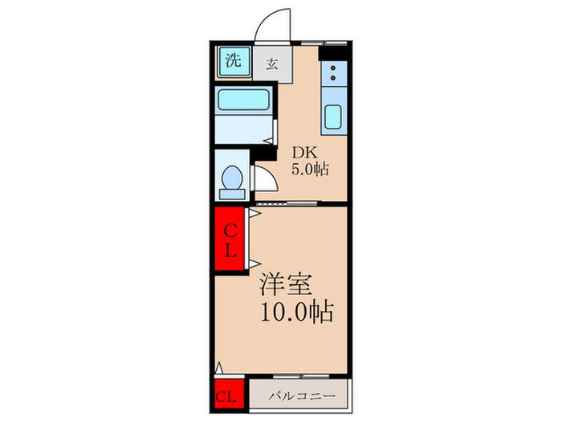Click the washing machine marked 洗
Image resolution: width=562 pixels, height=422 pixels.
coord(234,61)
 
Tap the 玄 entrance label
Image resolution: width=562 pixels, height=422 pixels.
coord(271,64)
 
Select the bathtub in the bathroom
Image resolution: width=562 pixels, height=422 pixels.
coord(244,100)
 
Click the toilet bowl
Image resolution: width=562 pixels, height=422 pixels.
coord(232,178)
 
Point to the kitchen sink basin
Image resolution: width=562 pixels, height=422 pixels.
coord(333,117)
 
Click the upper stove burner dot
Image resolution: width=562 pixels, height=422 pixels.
coord(333,68)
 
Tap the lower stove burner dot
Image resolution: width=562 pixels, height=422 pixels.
coord(333,77)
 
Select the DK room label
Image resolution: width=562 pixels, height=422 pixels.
coord(305,154)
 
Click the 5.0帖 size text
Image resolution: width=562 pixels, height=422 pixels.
coord(310,169)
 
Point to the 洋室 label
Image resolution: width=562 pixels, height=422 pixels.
coord(287,285)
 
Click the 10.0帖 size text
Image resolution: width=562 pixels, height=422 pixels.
coord(297,312)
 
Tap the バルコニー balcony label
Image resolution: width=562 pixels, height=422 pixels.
coord(302,396)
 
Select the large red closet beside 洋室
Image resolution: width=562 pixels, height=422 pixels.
coord(230,239)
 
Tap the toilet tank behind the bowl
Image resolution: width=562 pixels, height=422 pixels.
coord(232,195)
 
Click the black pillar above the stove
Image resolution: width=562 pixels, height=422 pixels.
coord(332,53)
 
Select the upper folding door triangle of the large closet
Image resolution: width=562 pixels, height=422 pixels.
coord(255,213)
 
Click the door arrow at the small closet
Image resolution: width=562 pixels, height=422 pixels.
coord(219,368)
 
